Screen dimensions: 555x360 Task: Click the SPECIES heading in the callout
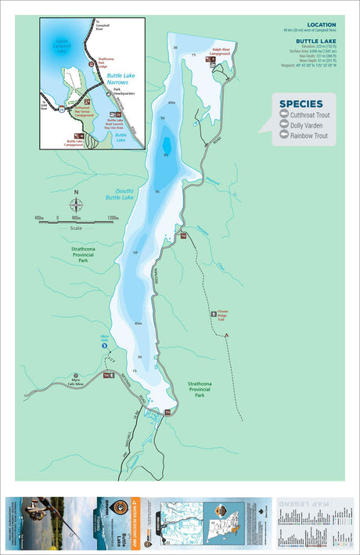[x=301, y=103]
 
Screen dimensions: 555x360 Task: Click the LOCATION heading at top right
[x=321, y=24]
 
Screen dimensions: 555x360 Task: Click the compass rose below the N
[x=76, y=206]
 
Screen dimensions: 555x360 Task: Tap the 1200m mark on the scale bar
[x=113, y=218]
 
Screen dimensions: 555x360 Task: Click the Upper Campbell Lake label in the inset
[x=57, y=45]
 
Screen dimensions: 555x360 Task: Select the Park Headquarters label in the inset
[x=124, y=92]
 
